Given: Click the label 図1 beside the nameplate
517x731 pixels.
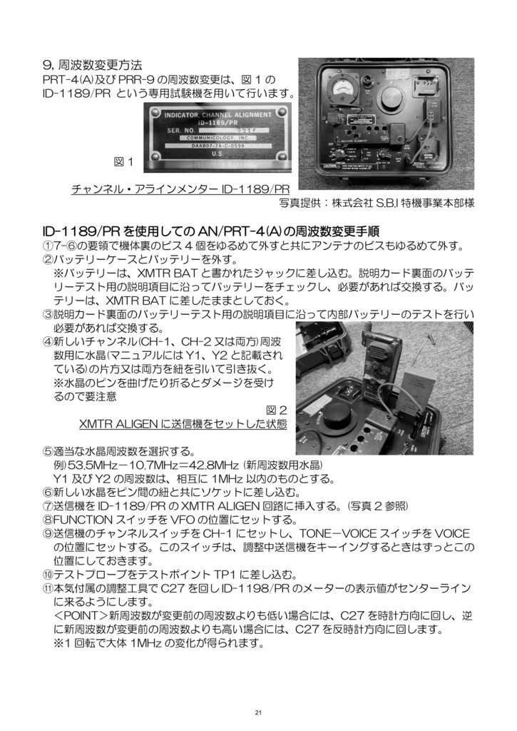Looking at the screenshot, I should [124, 162].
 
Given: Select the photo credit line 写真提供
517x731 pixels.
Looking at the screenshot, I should [377, 203].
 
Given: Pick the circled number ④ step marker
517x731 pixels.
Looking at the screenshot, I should [48, 342].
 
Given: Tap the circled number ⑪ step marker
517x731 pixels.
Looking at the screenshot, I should [48, 588].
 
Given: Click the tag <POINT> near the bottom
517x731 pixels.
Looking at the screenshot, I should [80, 615].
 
